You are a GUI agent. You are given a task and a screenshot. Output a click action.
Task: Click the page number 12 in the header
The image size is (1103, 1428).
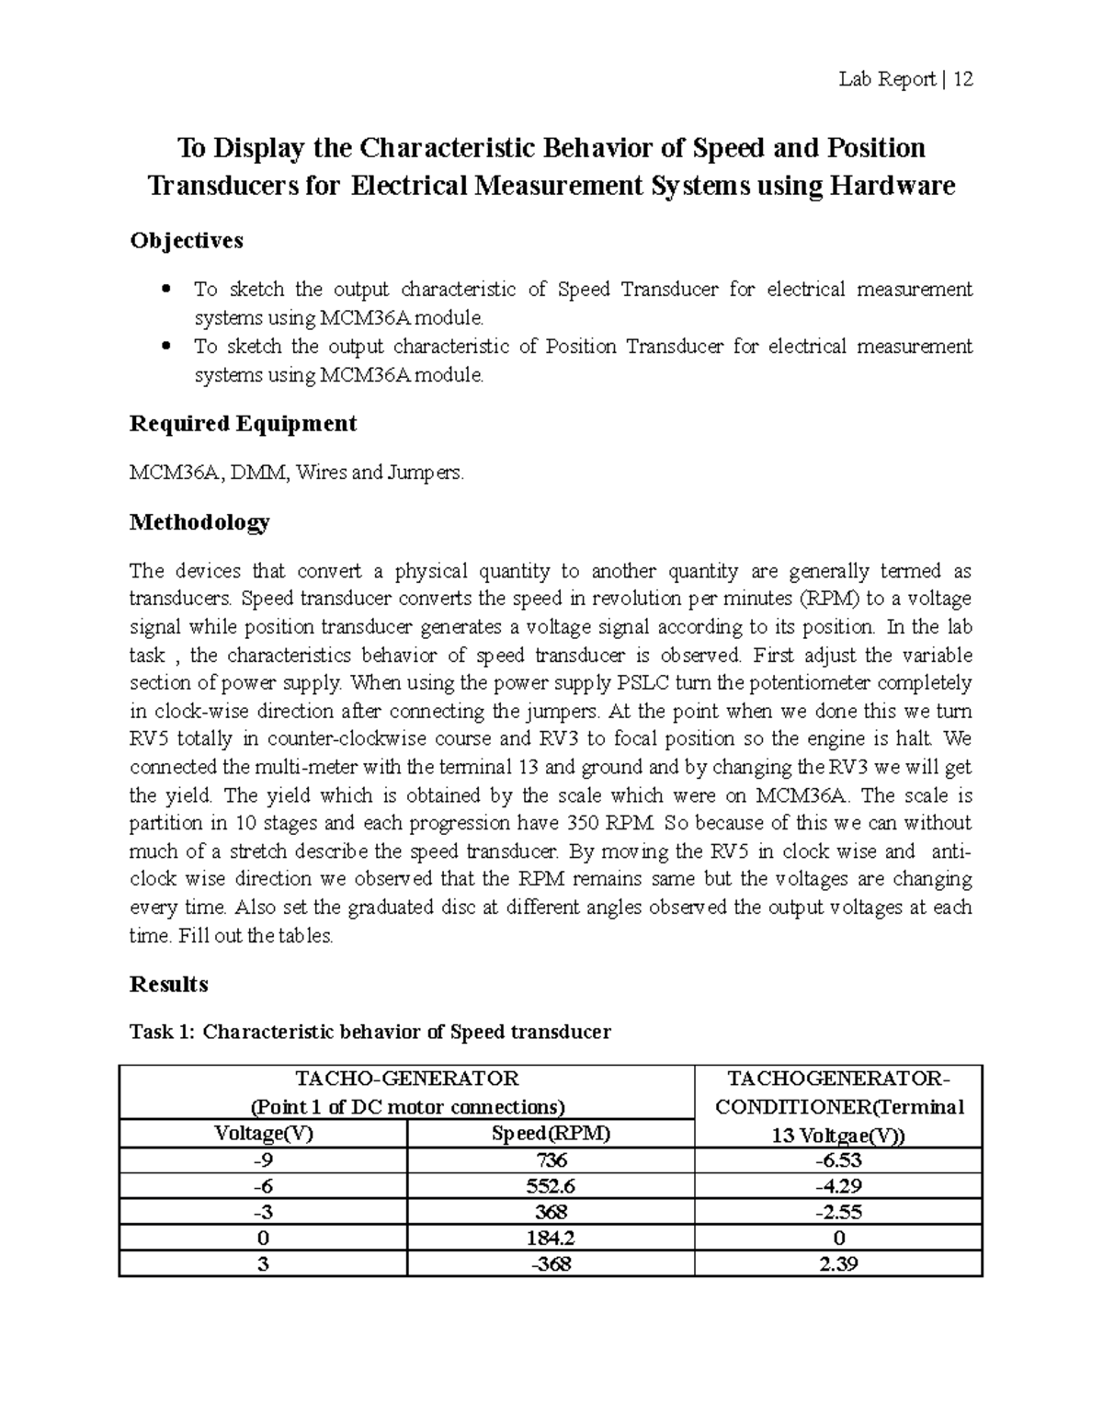[x=962, y=80]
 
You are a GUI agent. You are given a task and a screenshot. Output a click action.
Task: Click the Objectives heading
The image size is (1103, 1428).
[x=187, y=241]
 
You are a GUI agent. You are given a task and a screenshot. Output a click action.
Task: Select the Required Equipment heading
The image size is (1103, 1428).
[x=243, y=424]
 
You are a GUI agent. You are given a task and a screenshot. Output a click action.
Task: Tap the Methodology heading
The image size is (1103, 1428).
[x=199, y=523]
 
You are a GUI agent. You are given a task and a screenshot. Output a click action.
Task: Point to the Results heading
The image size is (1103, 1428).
[x=169, y=985]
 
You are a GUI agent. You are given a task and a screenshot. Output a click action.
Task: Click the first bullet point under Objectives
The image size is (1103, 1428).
[x=166, y=290]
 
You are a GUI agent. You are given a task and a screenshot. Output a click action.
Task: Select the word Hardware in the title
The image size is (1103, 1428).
[x=893, y=187]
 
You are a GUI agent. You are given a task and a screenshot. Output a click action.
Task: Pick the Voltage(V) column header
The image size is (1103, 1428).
[x=263, y=1133]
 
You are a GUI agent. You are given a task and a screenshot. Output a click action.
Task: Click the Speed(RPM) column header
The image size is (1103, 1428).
[x=550, y=1133]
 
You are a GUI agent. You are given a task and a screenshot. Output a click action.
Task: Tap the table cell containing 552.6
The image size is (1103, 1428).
[x=550, y=1186]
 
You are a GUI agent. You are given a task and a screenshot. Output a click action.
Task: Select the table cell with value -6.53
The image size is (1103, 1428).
[x=838, y=1160]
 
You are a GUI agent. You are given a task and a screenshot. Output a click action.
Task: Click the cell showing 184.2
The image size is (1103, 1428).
[x=550, y=1238]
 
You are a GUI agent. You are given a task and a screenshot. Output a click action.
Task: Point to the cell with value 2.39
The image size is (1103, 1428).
[x=838, y=1264]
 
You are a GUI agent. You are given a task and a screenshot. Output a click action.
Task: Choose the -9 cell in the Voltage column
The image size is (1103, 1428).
[x=263, y=1160]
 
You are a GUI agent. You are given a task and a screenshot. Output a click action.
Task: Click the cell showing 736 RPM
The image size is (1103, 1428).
[x=550, y=1160]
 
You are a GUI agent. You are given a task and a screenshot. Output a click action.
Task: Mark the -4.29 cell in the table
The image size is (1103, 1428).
[x=838, y=1186]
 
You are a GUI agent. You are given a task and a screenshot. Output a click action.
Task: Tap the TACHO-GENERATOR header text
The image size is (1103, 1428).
[x=406, y=1079]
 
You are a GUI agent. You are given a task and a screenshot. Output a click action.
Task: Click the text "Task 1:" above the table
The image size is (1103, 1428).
[x=163, y=1032]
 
